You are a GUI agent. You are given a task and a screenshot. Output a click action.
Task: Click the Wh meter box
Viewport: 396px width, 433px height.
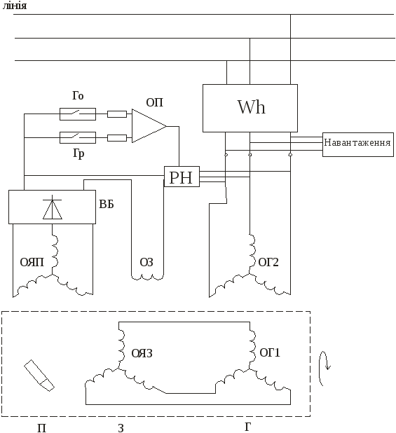(250, 108)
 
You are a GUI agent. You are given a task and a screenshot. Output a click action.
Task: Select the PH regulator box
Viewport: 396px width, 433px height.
(182, 177)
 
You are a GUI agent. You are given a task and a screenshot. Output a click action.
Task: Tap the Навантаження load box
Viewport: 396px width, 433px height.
(358, 144)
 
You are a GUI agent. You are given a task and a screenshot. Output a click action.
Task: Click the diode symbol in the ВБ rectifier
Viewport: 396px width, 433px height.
(52, 207)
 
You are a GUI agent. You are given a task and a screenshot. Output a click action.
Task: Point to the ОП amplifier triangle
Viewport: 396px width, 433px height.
(149, 126)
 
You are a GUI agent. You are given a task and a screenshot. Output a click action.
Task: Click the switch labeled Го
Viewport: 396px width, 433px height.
(78, 114)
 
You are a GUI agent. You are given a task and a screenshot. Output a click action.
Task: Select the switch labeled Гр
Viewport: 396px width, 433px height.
(78, 137)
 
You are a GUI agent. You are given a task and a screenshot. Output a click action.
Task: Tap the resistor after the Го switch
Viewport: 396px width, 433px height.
(117, 114)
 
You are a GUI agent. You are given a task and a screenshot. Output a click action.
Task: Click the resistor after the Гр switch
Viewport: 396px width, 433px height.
(117, 138)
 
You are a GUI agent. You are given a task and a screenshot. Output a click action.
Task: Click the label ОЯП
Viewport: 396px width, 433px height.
(32, 262)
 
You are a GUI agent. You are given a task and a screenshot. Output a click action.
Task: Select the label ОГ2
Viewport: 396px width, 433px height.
(268, 262)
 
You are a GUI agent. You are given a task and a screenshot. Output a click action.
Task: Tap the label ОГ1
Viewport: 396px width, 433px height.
(270, 352)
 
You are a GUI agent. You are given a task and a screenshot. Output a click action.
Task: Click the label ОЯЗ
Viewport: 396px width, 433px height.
(142, 353)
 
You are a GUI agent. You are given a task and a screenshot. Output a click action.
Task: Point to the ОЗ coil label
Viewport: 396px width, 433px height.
(146, 262)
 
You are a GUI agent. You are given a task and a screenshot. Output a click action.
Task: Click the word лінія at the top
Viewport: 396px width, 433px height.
(15, 6)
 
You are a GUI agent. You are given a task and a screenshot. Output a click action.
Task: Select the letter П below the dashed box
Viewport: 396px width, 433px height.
(41, 428)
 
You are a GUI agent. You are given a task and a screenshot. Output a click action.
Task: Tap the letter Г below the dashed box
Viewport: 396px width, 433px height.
(248, 427)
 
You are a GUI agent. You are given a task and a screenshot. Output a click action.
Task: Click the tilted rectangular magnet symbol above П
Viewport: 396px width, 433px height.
(39, 376)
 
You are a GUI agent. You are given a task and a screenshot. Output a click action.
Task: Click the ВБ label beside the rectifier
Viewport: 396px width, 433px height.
(107, 205)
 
